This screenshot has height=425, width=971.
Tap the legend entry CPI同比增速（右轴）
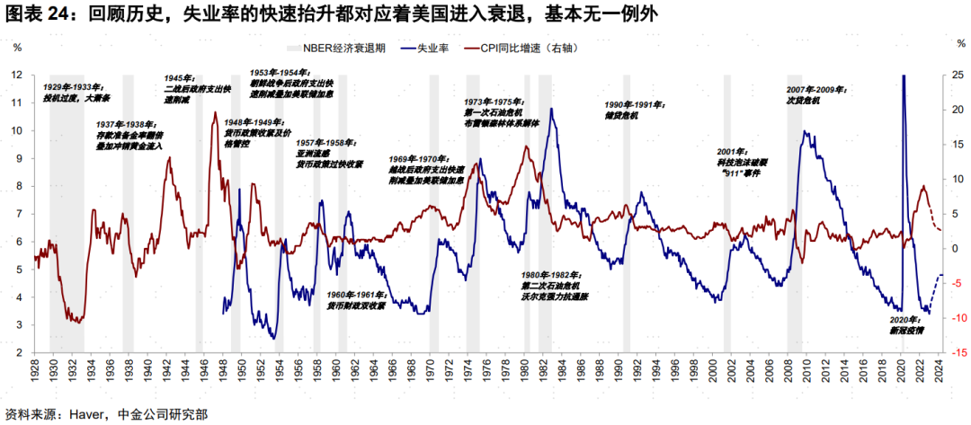point(530,49)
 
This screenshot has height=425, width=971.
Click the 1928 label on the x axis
point(33,368)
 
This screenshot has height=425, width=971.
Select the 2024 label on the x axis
point(940,368)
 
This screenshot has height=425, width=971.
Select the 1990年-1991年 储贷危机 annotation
point(634,110)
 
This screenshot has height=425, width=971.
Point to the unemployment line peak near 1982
point(551,110)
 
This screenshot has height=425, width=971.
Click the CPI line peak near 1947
point(215,112)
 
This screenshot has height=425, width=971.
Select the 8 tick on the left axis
point(17,186)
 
